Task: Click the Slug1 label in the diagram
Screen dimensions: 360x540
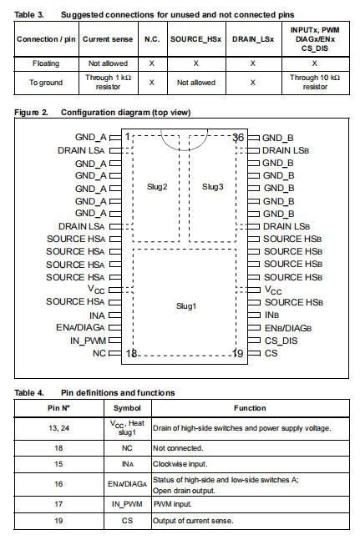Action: pyautogui.click(x=186, y=305)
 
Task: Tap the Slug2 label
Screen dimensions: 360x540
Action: pyautogui.click(x=157, y=187)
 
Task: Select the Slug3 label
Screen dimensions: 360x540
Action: pyautogui.click(x=212, y=187)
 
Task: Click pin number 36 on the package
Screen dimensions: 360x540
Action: pyautogui.click(x=238, y=138)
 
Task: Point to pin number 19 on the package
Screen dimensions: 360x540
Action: pyautogui.click(x=238, y=353)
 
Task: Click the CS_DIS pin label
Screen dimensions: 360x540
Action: pyautogui.click(x=281, y=341)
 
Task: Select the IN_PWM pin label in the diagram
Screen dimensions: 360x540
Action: pyautogui.click(x=88, y=341)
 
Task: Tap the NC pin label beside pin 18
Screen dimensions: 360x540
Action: pyautogui.click(x=99, y=353)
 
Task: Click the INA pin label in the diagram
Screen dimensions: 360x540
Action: pyautogui.click(x=97, y=315)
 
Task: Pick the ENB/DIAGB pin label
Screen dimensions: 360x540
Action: pyautogui.click(x=288, y=328)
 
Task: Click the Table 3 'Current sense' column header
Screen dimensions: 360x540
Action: pyautogui.click(x=108, y=39)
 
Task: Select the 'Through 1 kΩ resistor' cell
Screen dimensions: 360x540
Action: pyautogui.click(x=109, y=83)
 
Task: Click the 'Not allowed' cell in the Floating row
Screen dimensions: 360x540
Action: pyautogui.click(x=109, y=63)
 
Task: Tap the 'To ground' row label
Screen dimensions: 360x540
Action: pyautogui.click(x=46, y=83)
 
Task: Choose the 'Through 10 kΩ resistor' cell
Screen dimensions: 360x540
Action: pyautogui.click(x=315, y=83)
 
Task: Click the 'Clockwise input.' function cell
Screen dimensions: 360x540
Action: pyautogui.click(x=180, y=464)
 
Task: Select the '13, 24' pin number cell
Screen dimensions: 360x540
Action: pyautogui.click(x=59, y=428)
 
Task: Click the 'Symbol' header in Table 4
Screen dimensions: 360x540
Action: pyautogui.click(x=127, y=408)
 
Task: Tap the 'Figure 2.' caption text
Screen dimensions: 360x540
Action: pyautogui.click(x=32, y=113)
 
